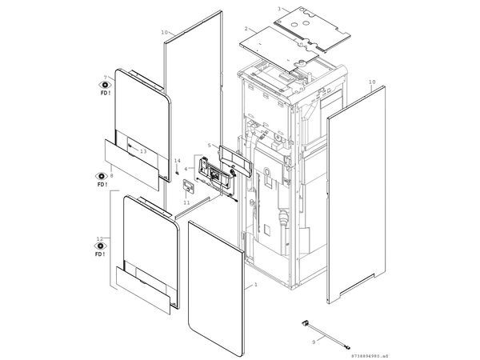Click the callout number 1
[x=255, y=285]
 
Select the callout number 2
[x=246, y=29]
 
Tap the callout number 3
[x=278, y=8]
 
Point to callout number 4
[x=186, y=169]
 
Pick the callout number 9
[x=313, y=341]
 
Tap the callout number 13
[x=143, y=150]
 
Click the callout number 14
[x=177, y=161]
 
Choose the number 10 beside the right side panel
[x=371, y=82]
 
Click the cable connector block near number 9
[x=305, y=323]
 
